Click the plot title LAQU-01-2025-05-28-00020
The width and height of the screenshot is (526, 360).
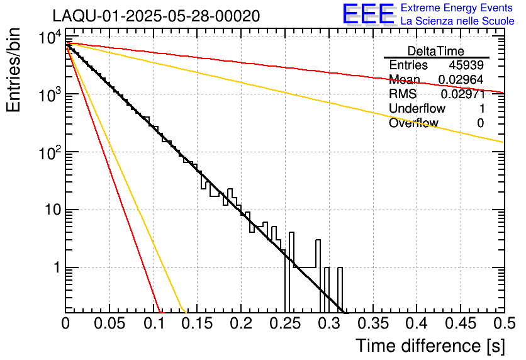(156, 16)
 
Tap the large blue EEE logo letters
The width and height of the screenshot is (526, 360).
(368, 14)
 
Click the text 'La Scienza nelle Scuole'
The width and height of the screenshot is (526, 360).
(457, 21)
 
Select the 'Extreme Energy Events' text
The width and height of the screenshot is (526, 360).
(457, 8)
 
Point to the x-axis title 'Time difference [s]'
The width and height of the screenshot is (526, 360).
(430, 346)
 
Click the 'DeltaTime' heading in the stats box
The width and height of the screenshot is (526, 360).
(436, 51)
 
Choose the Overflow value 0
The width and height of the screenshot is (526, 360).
(480, 123)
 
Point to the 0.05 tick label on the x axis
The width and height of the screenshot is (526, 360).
(109, 323)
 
